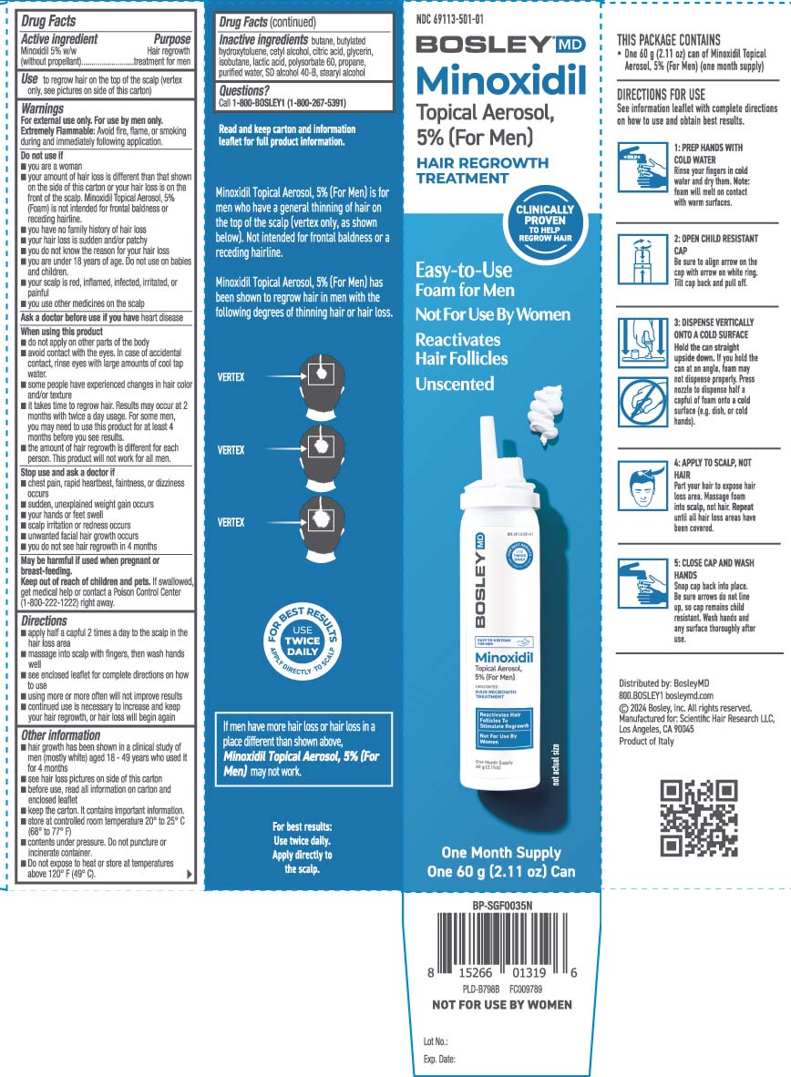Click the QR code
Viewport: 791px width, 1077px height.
698,818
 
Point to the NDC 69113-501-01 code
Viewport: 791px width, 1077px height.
449,18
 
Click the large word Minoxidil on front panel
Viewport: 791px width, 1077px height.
500,81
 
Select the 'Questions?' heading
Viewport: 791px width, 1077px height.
244,90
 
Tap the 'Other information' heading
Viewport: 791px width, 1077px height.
60,734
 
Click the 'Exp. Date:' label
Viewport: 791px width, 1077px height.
439,1060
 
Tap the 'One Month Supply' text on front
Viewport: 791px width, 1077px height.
501,853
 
